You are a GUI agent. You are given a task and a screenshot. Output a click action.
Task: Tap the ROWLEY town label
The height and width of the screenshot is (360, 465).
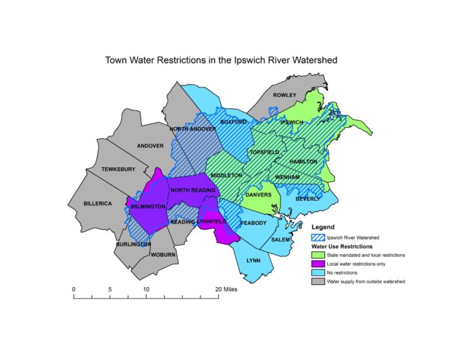(x=285, y=95)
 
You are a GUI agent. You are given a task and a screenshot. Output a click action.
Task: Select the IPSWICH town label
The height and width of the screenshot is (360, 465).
(x=292, y=122)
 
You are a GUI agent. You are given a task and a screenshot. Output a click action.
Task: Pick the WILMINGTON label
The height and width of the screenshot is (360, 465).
(x=148, y=207)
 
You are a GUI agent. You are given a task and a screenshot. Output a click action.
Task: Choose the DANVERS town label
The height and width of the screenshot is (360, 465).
(x=258, y=195)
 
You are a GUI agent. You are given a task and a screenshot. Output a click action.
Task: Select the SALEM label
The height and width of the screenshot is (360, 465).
(x=281, y=240)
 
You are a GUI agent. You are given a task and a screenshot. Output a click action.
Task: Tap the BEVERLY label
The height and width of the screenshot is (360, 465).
(x=307, y=198)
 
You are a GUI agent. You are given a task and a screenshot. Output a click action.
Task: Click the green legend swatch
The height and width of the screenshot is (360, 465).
(x=317, y=255)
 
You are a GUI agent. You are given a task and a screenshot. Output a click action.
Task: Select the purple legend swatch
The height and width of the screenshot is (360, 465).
(x=317, y=264)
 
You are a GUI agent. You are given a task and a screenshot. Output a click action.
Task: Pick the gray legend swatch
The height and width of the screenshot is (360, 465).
(x=317, y=282)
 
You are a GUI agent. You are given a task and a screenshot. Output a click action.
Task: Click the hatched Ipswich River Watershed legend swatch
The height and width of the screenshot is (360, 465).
(x=317, y=237)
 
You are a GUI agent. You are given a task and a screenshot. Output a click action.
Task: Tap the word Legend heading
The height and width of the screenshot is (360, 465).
(x=323, y=226)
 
